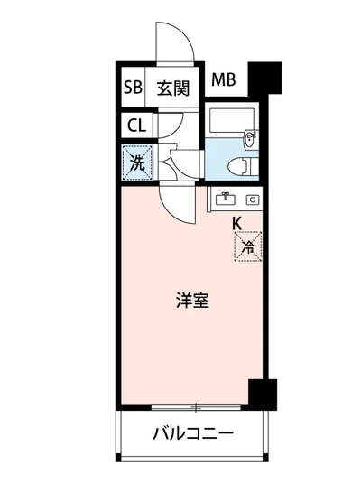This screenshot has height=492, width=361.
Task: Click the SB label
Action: pyautogui.click(x=133, y=88)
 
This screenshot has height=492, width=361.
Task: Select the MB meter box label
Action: pyautogui.click(x=223, y=80)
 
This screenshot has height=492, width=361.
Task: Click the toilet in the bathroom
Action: pyautogui.click(x=239, y=164)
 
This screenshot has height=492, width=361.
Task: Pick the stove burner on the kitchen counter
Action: pyautogui.click(x=253, y=199)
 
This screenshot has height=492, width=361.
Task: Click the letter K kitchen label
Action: pyautogui.click(x=236, y=223)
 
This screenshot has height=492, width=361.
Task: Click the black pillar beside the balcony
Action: pyautogui.click(x=263, y=394)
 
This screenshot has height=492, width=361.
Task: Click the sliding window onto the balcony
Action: pyautogui.click(x=189, y=405)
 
